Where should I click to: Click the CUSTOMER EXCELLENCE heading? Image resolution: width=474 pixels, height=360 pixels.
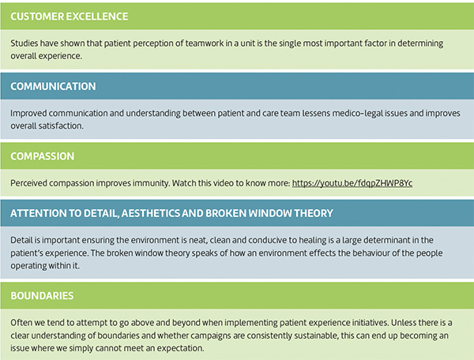(70, 17)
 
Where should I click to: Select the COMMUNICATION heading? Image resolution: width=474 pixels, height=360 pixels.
(53, 86)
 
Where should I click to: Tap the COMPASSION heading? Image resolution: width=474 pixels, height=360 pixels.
(43, 156)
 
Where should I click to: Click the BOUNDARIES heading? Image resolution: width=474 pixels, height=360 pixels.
(42, 295)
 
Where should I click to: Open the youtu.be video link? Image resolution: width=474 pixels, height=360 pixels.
(352, 183)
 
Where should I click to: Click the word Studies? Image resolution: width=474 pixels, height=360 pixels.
(24, 43)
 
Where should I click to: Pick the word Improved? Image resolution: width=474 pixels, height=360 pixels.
(28, 113)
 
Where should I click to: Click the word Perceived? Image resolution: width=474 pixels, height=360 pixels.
(28, 183)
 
